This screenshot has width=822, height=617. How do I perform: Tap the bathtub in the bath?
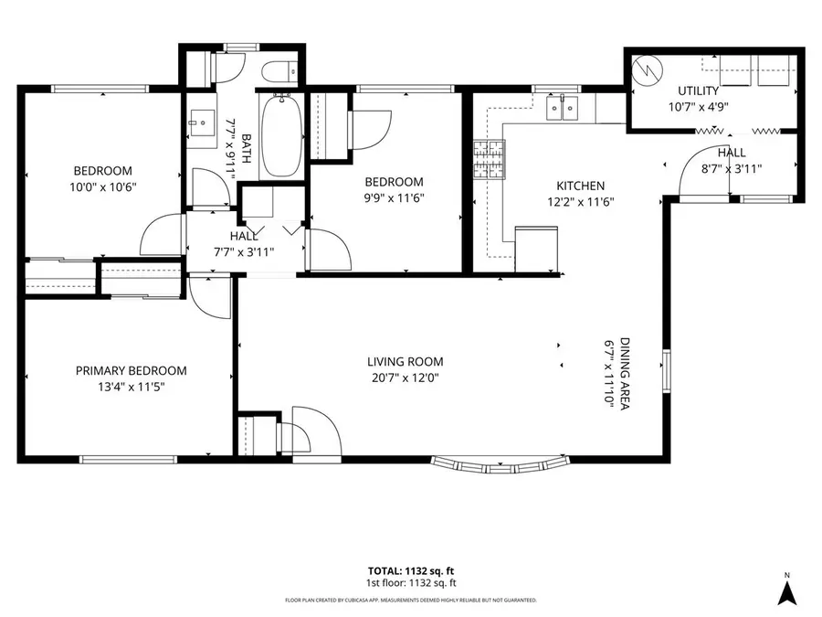click(282, 135)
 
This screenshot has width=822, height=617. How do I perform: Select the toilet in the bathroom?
click(279, 72)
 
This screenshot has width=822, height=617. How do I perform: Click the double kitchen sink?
click(562, 108)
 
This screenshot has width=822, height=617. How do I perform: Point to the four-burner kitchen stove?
click(490, 160)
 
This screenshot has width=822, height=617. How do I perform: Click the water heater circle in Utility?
click(648, 69)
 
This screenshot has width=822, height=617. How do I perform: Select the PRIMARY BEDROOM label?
click(131, 371)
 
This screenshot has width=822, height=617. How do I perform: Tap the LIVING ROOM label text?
click(406, 361)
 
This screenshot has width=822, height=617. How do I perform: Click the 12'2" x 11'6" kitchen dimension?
click(580, 202)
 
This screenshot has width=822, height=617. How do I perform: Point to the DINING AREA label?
click(625, 373)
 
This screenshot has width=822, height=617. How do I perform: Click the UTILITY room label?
click(699, 90)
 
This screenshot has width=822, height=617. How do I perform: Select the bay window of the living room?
click(501, 465)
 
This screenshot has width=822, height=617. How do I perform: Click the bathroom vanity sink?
click(202, 122)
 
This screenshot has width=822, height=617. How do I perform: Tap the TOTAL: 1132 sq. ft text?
click(411, 570)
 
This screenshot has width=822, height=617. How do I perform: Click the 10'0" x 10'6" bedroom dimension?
click(102, 186)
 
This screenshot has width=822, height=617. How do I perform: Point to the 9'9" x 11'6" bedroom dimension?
click(395, 197)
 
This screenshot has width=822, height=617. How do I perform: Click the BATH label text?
click(247, 148)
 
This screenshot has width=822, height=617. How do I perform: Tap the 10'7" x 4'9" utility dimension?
click(699, 107)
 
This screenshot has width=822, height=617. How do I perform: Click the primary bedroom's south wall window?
click(128, 460)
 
